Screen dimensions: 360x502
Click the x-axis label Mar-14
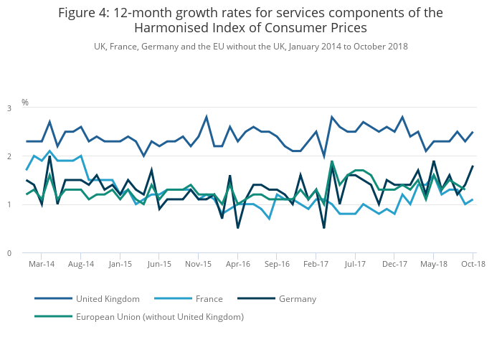(x=42, y=264)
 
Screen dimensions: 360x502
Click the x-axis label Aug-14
(x=81, y=264)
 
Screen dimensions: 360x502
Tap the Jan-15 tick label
(x=120, y=264)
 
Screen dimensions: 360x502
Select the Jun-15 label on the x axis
(x=159, y=264)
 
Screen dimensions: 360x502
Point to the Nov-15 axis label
(x=199, y=264)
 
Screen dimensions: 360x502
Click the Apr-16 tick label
(x=238, y=264)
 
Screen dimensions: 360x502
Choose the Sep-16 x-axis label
(x=277, y=264)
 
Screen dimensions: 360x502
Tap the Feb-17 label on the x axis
(x=316, y=264)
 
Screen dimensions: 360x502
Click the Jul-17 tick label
(x=355, y=264)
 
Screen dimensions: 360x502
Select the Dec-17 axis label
(x=394, y=264)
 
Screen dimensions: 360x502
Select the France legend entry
(x=208, y=299)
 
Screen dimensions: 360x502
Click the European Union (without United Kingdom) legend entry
(x=159, y=316)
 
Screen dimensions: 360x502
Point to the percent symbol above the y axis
(x=25, y=103)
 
